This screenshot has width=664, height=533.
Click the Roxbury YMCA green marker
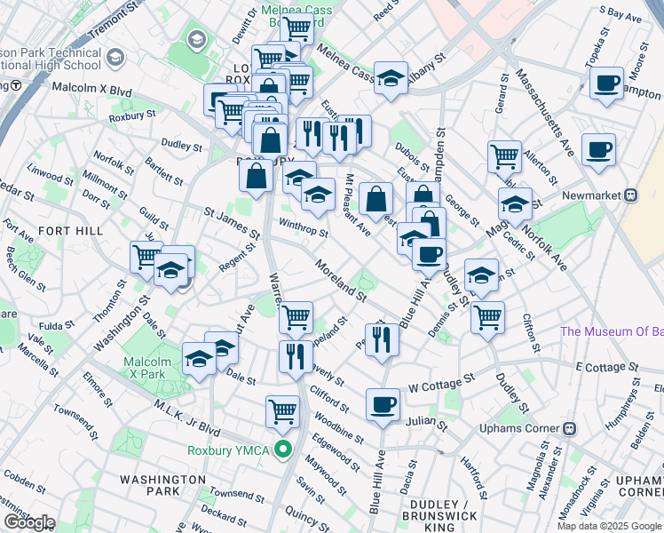pyautogui.click(x=284, y=450)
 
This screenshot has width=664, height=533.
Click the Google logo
pyautogui.click(x=28, y=522)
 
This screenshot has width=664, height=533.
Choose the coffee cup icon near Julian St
pyautogui.click(x=383, y=404)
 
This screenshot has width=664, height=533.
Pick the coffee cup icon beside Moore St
pyautogui.click(x=606, y=84)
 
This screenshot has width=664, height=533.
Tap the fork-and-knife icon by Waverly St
pyautogui.click(x=296, y=355)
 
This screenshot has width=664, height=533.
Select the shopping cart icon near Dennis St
pyautogui.click(x=487, y=316)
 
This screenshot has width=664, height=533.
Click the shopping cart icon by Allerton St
pyautogui.click(x=504, y=156)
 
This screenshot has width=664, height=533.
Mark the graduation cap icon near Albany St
pyautogui.click(x=391, y=78)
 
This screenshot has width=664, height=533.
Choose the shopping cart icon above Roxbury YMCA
pyautogui.click(x=282, y=410)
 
